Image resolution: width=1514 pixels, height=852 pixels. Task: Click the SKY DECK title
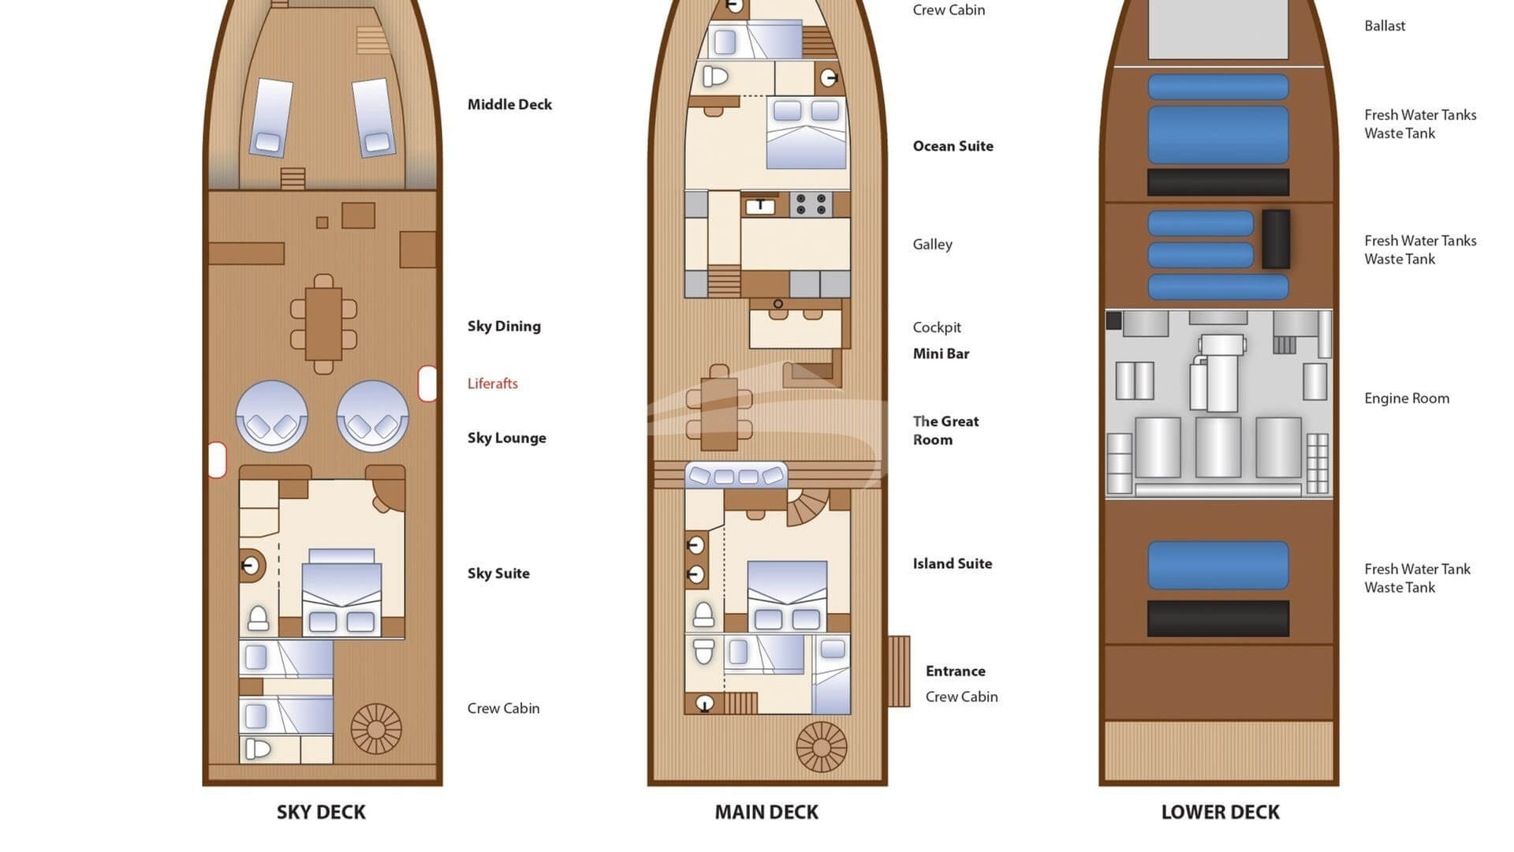321,812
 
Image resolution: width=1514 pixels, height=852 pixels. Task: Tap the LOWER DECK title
1220,812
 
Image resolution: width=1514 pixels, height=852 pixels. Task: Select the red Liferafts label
492,383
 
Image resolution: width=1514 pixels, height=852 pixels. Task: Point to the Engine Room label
1407,398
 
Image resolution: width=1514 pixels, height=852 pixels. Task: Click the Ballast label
1385,25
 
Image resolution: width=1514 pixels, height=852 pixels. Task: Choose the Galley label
932,245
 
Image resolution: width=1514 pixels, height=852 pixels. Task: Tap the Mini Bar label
941,353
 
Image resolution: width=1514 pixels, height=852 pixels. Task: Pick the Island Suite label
952,563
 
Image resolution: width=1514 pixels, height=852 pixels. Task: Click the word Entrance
955,671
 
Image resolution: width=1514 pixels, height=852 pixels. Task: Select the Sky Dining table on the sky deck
323,323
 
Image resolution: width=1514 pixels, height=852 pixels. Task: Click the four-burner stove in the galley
811,205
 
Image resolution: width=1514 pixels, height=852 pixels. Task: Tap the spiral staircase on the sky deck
376,728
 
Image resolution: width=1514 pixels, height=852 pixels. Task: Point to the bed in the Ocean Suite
807,133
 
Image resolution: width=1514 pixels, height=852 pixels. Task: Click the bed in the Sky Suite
341,592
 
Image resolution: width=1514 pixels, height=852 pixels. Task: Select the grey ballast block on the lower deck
1218,29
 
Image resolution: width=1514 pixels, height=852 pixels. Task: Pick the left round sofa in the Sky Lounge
272,416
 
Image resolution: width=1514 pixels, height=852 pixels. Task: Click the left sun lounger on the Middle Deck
271,117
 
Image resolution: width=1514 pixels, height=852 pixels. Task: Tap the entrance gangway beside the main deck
899,671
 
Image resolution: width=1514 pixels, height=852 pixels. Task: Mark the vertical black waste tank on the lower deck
1276,239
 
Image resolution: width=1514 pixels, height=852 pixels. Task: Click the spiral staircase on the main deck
821,746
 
